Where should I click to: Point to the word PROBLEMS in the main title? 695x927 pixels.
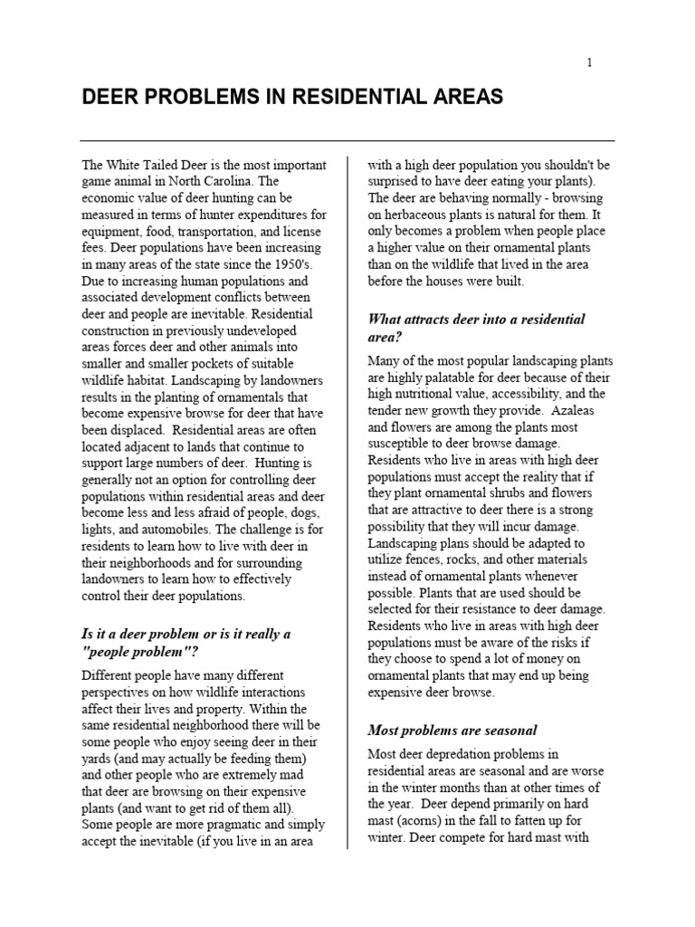(199, 97)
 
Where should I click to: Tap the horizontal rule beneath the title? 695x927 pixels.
(347, 140)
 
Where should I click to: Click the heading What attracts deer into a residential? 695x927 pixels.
(476, 320)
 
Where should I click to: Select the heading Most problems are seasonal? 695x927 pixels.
(452, 730)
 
